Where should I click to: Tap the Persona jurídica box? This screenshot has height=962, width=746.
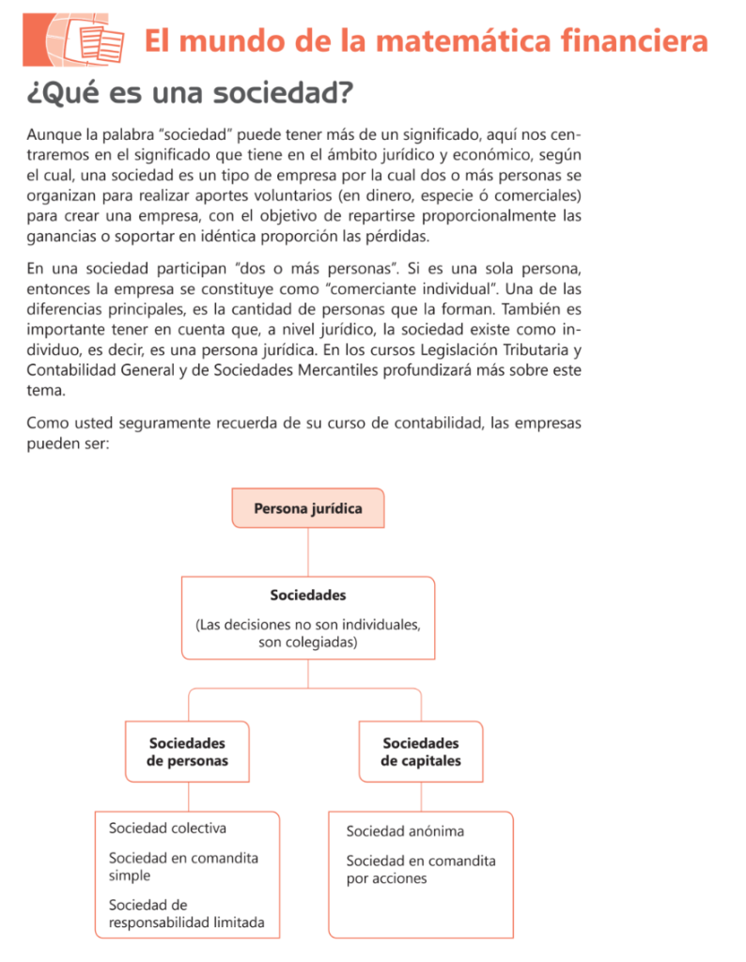307,508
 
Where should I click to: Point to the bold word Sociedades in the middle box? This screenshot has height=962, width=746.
307,595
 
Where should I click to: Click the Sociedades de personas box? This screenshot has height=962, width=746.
187,752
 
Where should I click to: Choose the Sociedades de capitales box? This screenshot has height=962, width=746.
420,752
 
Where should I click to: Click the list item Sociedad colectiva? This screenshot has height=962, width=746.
167,828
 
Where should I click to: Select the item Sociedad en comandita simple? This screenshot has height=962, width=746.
183,866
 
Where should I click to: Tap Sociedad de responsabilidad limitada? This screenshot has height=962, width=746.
186,913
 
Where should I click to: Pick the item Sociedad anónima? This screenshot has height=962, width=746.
405,831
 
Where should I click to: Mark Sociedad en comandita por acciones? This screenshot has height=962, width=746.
420,869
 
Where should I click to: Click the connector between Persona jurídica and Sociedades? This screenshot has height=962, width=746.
307,551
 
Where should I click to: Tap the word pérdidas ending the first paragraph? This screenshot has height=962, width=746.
398,235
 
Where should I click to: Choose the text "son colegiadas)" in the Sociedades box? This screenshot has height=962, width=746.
307,643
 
